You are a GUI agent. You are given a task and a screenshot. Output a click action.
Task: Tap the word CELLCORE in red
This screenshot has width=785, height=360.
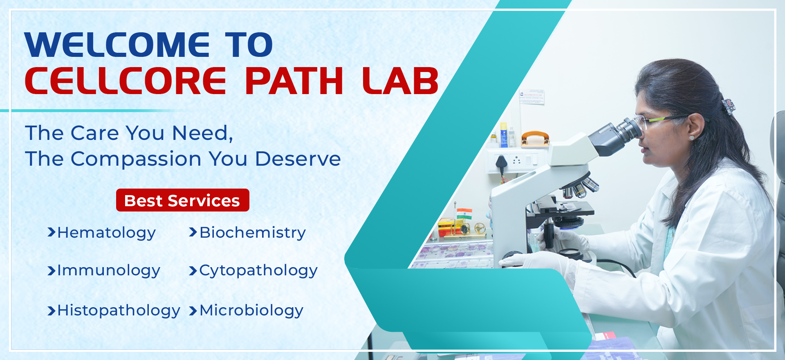point(125,81)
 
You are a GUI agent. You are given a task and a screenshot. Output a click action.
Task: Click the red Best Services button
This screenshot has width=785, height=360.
point(183,200)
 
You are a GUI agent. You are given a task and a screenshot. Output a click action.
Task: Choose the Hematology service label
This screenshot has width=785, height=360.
point(107,233)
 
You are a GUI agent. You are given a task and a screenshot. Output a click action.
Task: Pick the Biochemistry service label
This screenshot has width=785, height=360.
point(253,232)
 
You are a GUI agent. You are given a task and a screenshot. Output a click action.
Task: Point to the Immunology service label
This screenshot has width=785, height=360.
point(109,270)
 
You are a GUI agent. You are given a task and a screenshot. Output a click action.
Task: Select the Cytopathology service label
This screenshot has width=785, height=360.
point(258,270)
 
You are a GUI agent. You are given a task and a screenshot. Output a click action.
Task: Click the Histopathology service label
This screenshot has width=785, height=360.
point(119,310)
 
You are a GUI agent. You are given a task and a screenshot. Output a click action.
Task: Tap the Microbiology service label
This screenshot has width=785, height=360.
point(251,310)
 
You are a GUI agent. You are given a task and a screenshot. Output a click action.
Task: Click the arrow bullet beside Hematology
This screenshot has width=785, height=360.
point(52,232)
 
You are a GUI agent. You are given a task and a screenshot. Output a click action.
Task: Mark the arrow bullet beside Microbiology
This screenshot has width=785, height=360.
point(193,311)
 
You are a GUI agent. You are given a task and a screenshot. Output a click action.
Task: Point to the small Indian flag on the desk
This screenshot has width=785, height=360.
point(464,214)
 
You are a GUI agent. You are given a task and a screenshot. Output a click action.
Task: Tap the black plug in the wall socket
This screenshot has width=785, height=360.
point(501,163)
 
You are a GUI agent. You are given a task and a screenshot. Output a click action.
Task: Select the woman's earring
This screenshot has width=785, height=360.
point(691,138)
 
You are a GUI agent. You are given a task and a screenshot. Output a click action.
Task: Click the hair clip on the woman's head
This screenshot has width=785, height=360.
point(728,106)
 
